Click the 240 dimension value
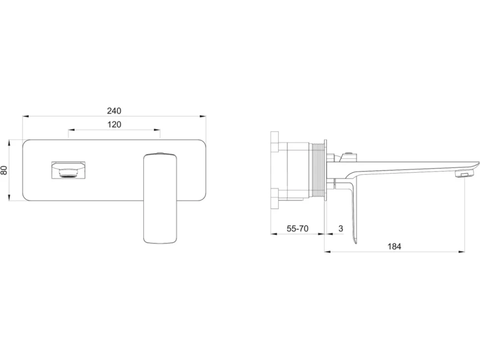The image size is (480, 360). click(114, 111)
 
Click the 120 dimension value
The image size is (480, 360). click(114, 125)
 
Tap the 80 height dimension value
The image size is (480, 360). click(4, 170)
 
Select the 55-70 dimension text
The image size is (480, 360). click(297, 228)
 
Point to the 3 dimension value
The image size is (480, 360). click(341, 228)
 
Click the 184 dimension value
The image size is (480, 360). click(394, 246)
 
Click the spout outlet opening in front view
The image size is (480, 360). click(68, 170)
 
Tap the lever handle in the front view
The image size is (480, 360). click(160, 199)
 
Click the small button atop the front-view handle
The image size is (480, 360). click(160, 153)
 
